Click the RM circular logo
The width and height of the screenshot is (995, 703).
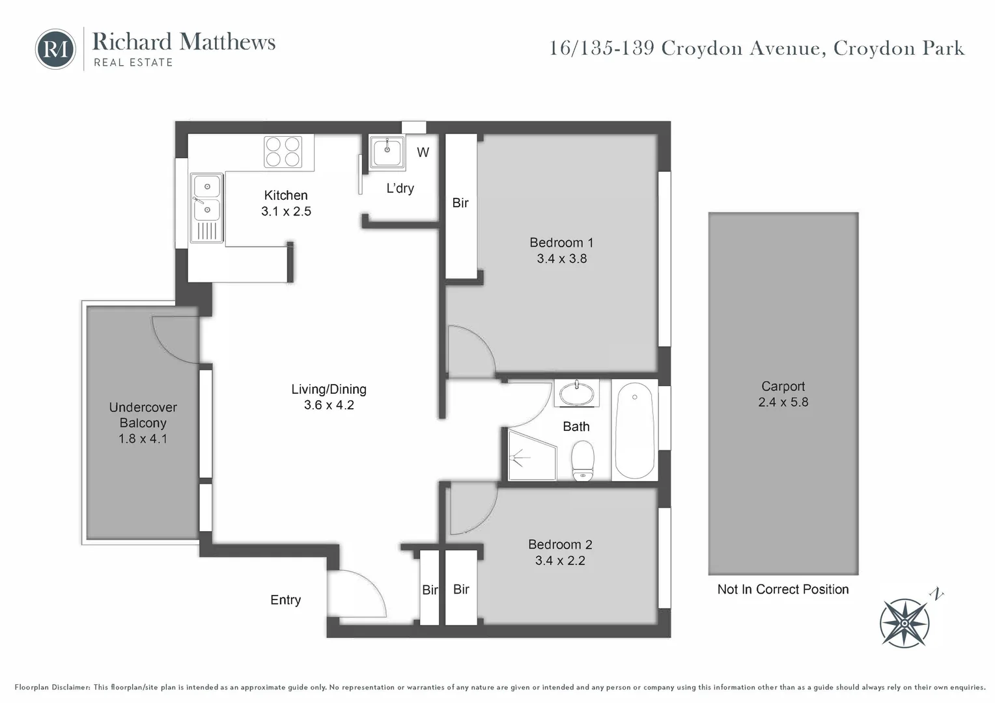point(55,49)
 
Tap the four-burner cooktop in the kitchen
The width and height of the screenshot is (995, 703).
point(283,152)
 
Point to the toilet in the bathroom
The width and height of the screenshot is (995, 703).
point(583,460)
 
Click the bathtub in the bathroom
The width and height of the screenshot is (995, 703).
point(634,430)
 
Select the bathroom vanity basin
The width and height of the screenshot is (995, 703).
point(576,394)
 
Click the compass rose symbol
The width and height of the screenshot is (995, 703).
point(904,622)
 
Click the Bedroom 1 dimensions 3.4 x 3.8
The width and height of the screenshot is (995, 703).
point(561,258)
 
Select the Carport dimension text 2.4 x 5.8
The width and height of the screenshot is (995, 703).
point(783,402)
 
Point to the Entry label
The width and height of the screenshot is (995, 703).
point(285,600)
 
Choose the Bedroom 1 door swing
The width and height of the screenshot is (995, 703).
point(471,351)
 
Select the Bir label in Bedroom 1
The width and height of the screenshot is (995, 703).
point(460,203)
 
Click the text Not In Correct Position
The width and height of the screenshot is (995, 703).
point(783,589)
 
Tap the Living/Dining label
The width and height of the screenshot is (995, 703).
point(329,389)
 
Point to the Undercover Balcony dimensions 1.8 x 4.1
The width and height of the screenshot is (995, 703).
point(143,439)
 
